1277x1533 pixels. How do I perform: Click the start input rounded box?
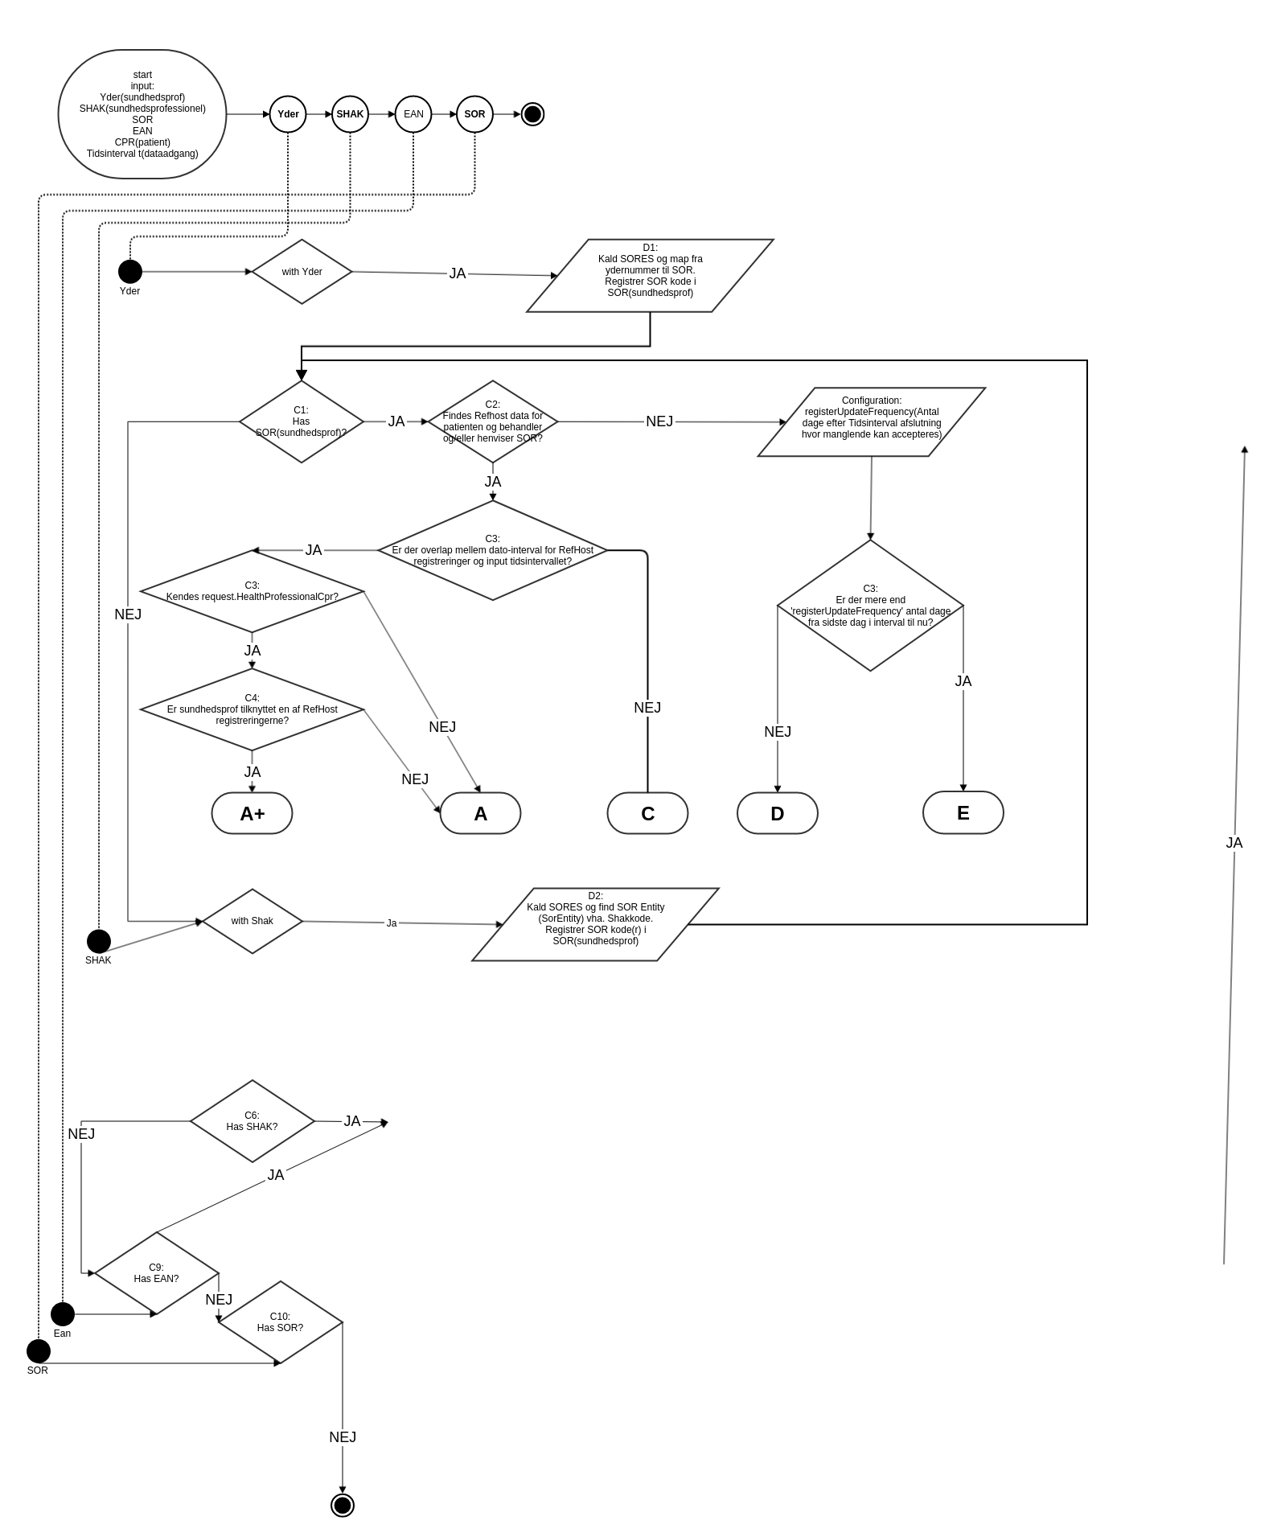click(x=142, y=114)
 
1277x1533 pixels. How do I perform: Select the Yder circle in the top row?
click(x=288, y=114)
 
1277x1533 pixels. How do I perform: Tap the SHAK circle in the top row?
click(x=350, y=114)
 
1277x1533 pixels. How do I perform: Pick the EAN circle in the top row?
click(x=413, y=114)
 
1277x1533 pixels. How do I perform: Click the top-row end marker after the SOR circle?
click(x=532, y=114)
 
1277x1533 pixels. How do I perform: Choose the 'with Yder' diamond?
click(x=302, y=272)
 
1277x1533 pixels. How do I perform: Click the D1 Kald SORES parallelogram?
click(x=650, y=275)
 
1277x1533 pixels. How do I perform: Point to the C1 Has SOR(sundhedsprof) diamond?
click(x=302, y=421)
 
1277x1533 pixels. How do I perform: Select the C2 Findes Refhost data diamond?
click(x=493, y=421)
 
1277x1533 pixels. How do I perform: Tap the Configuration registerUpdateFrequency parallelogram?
click(x=872, y=422)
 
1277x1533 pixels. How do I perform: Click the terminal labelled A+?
click(x=252, y=813)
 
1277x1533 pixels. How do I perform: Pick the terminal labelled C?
click(x=647, y=813)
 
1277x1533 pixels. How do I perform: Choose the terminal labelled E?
click(x=963, y=812)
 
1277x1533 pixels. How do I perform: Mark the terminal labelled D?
click(x=777, y=813)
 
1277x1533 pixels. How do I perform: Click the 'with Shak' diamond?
click(x=253, y=921)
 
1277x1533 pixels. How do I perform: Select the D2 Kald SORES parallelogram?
click(x=595, y=924)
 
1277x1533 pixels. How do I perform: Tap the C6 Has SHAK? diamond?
click(x=252, y=1121)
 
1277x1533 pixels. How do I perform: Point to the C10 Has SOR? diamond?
click(x=281, y=1322)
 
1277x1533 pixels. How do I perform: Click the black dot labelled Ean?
click(x=63, y=1314)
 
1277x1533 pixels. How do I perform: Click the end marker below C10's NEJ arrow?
click(x=343, y=1505)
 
